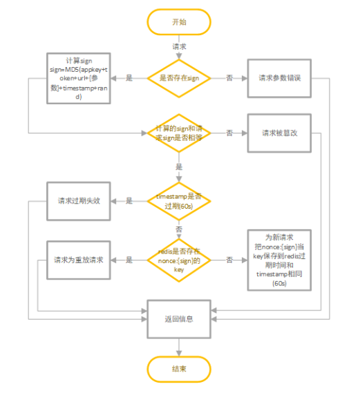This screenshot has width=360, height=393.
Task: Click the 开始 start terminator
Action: (179, 22)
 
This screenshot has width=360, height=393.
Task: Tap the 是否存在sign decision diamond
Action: (179, 79)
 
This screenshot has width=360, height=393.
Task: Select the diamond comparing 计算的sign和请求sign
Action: (179, 132)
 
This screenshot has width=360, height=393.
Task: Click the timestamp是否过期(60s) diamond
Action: (179, 201)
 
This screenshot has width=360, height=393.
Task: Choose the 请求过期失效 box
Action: (78, 201)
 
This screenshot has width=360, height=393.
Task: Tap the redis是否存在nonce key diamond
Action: (179, 260)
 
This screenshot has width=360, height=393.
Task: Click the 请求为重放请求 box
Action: (78, 260)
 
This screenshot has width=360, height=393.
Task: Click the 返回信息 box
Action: (179, 319)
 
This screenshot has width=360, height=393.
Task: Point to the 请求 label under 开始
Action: (179, 46)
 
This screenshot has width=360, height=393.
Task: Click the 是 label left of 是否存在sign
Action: (129, 79)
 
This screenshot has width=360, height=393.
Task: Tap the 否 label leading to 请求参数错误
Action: (229, 79)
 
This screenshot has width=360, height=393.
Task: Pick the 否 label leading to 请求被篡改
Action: (229, 133)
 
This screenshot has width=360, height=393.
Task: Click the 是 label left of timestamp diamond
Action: (129, 201)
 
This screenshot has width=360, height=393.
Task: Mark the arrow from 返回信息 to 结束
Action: (179, 347)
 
